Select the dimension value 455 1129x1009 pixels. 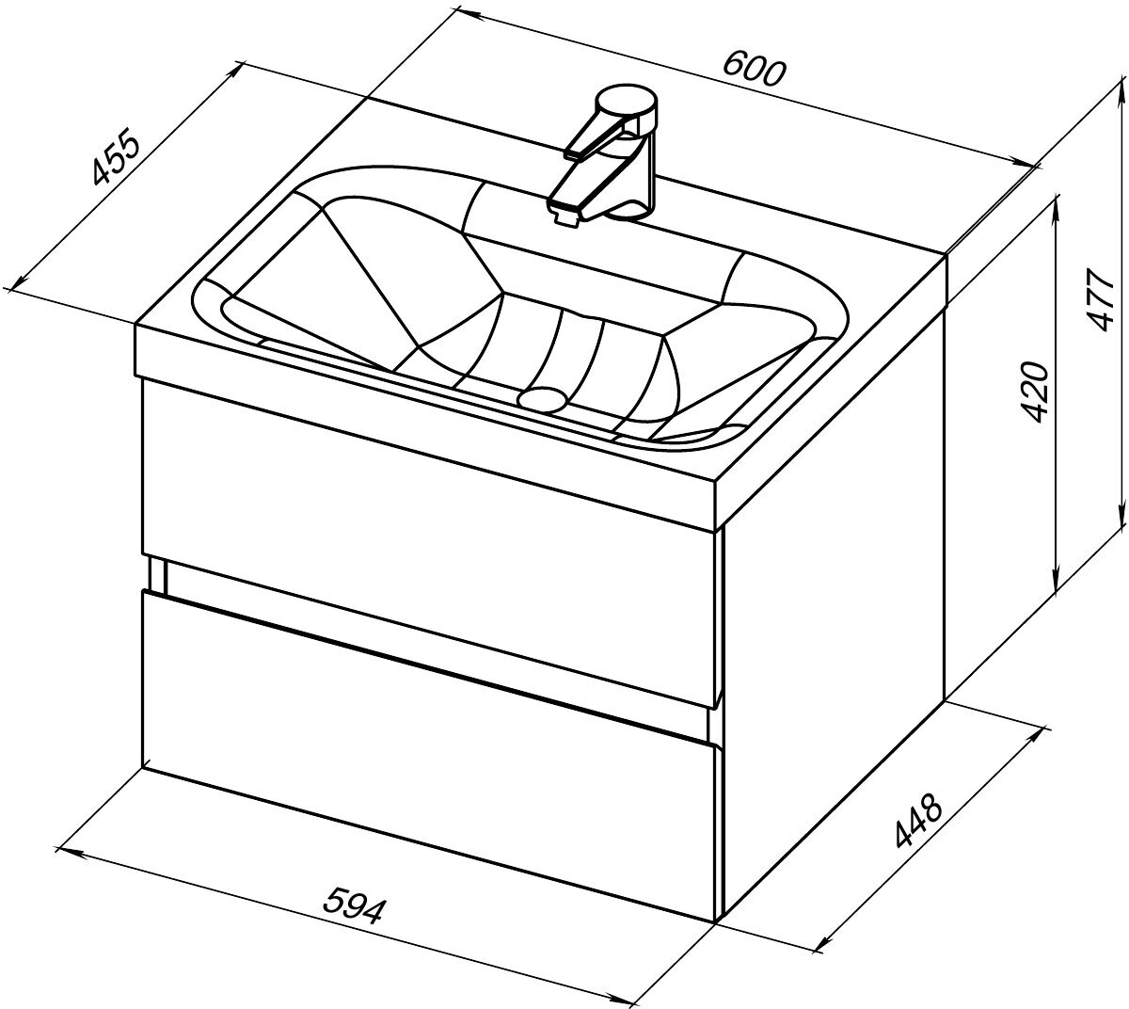pyautogui.click(x=115, y=156)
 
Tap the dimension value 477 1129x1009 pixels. pyautogui.click(x=1103, y=300)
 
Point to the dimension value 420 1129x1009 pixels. pyautogui.click(x=1034, y=392)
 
